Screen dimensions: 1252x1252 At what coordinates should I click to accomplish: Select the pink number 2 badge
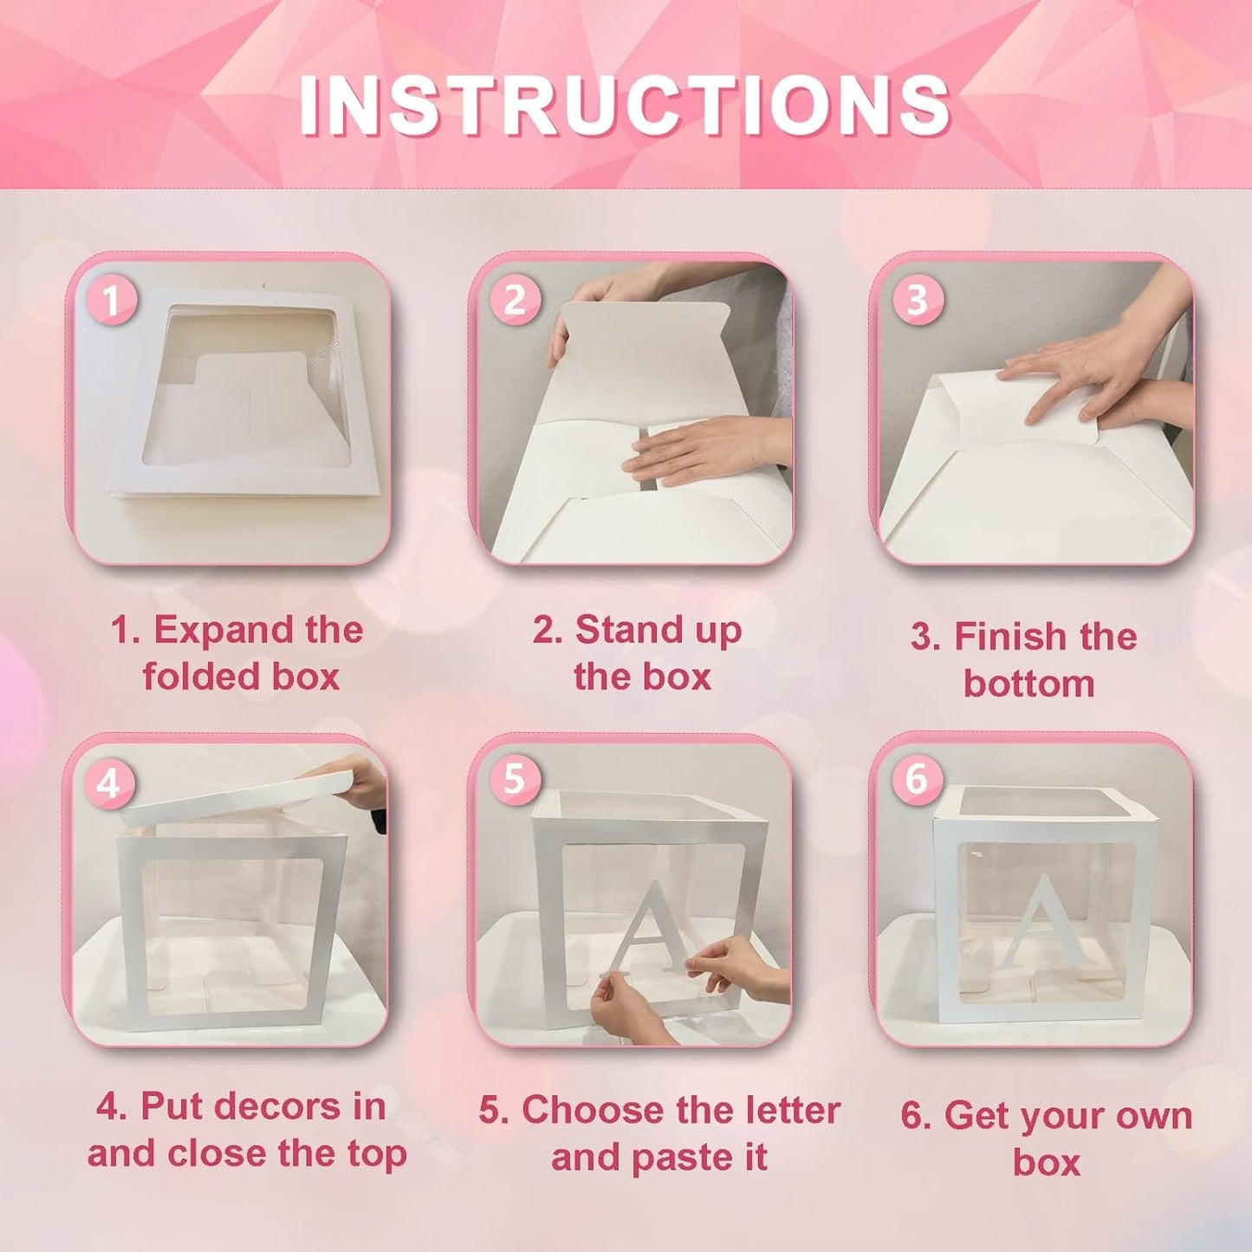coord(515,301)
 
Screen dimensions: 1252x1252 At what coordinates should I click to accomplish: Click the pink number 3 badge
coord(917,300)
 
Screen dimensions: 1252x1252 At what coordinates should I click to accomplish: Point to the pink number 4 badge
coord(108,784)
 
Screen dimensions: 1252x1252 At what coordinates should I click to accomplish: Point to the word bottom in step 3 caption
coord(1028,684)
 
